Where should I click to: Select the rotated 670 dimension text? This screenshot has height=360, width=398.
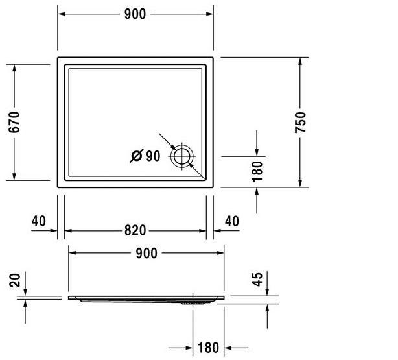[15, 121]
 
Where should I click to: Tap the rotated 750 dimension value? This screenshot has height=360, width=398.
[300, 122]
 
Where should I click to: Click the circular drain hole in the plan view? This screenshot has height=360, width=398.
[181, 156]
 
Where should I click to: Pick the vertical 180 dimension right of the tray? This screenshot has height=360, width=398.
[257, 171]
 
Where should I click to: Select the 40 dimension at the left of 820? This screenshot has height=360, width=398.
[38, 221]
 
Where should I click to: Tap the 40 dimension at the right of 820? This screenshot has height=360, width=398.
[231, 221]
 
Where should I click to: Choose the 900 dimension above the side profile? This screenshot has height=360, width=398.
[146, 253]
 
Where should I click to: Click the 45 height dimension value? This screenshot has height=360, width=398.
[257, 280]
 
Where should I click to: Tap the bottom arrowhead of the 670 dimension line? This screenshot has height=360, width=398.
[14, 176]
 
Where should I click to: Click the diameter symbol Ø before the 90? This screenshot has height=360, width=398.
[137, 156]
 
